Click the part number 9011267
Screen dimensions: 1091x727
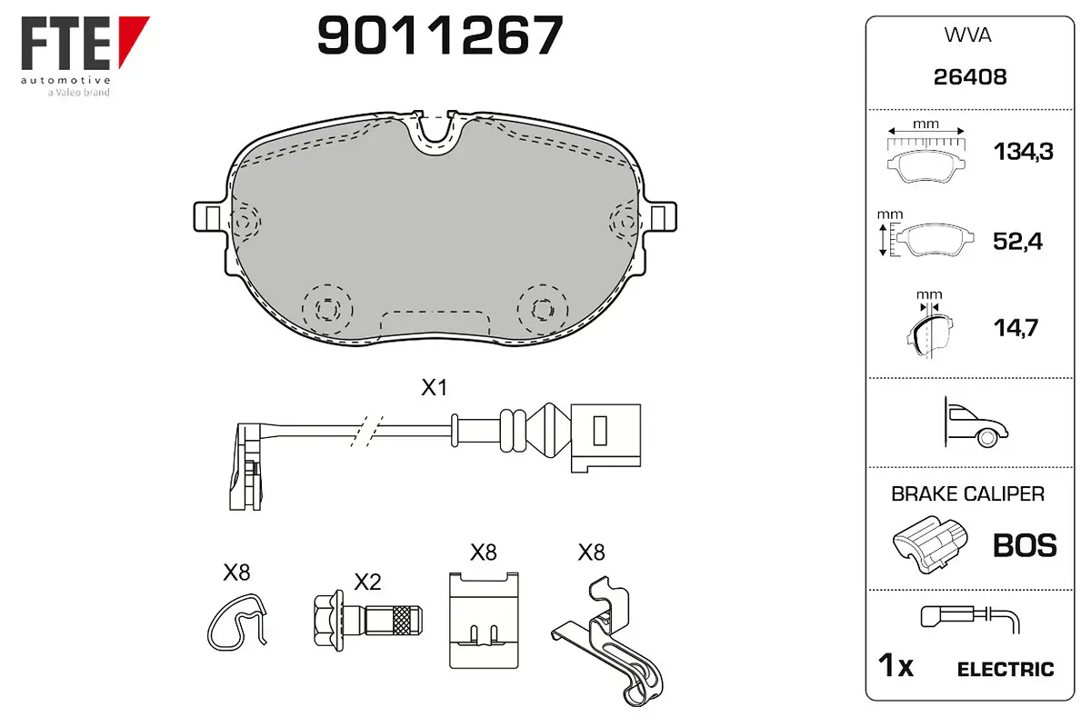tap(440, 35)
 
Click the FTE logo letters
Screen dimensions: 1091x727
tap(65, 43)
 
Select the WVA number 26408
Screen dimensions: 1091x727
tap(970, 77)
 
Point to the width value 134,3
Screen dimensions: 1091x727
tap(1024, 152)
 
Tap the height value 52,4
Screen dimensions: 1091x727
tap(1017, 241)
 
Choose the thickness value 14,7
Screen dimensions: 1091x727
tap(1016, 328)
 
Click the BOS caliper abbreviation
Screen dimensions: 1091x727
tap(1025, 545)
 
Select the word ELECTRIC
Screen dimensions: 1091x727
tap(1006, 670)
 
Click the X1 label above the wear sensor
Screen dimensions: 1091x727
tap(434, 388)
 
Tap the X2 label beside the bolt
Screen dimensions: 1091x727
tap(367, 582)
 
